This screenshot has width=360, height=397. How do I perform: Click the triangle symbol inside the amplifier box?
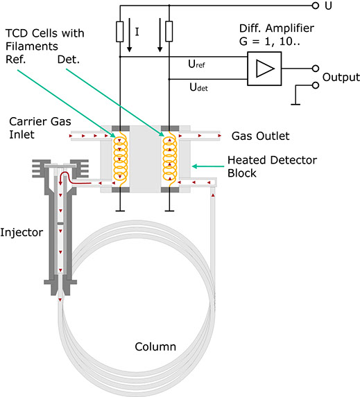tap(265, 69)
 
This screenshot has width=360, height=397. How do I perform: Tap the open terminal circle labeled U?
tap(315, 6)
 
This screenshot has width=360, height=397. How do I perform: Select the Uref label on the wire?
tap(196, 64)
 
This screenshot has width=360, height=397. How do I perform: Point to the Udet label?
tap(198, 87)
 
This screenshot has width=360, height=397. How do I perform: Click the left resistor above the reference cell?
tap(120, 32)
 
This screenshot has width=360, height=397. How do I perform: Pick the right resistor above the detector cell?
tap(169, 31)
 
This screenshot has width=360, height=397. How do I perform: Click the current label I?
tap(137, 32)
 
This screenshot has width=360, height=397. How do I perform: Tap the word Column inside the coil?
tap(155, 346)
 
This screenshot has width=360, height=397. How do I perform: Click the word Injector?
tap(22, 233)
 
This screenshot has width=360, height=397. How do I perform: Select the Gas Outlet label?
tap(260, 136)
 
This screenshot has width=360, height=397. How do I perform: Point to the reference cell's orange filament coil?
tap(120, 158)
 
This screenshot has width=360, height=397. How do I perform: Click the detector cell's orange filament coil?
tap(169, 158)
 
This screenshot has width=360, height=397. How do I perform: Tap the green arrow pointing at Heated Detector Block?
tap(208, 166)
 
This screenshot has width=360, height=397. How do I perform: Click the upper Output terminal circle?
tap(316, 69)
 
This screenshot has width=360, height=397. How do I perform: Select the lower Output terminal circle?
tap(316, 85)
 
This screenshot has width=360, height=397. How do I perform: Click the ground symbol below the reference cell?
tap(120, 211)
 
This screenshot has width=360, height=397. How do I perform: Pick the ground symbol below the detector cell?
tap(169, 211)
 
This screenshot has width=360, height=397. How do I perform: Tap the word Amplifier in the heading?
tap(290, 28)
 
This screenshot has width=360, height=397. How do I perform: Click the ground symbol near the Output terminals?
tap(295, 104)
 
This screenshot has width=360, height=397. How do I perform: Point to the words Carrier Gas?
tap(40, 121)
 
